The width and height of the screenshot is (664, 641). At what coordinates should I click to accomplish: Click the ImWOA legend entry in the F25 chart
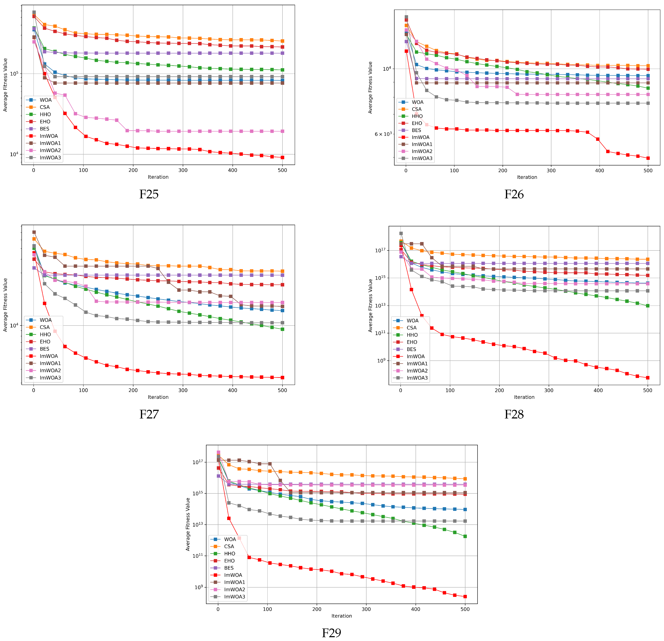pyautogui.click(x=48, y=136)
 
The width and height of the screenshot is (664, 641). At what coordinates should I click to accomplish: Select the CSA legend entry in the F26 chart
pyautogui.click(x=416, y=109)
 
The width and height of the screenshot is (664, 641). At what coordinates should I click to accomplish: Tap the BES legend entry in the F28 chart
pyautogui.click(x=411, y=349)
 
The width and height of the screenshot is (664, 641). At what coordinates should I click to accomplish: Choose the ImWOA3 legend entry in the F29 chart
pyautogui.click(x=234, y=597)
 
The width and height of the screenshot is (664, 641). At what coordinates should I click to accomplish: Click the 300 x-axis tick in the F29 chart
pyautogui.click(x=366, y=609)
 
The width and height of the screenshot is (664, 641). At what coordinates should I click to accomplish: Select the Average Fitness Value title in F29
pyautogui.click(x=188, y=524)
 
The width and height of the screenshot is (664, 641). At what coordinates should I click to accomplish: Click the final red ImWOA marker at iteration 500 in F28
pyautogui.click(x=647, y=378)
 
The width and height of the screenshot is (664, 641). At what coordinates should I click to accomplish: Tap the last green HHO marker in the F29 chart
pyautogui.click(x=465, y=536)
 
